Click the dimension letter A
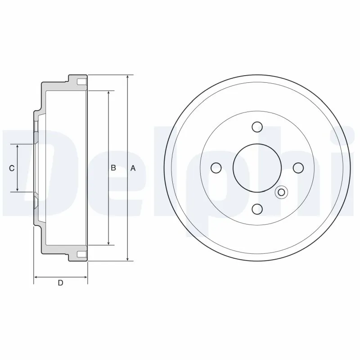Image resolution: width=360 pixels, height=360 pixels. point(133,168)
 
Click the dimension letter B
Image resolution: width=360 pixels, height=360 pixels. point(113,168)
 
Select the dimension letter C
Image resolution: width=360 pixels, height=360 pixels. point(13,168)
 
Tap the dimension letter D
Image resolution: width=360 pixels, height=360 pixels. point(60,283)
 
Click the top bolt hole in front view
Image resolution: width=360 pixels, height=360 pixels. point(257,126)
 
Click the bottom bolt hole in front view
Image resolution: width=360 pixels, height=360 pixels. point(257,209)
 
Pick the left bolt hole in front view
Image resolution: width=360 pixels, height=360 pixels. point(216,168)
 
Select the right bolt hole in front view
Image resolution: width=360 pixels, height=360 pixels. point(298,167)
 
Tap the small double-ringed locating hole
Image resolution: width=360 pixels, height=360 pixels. point(282,193)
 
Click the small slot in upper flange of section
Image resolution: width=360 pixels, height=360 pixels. point(81,83)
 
